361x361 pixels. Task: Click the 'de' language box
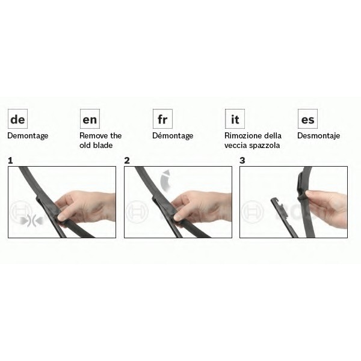click(x=17, y=119)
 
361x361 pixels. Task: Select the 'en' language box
click(x=90, y=119)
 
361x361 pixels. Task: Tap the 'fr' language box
click(x=162, y=119)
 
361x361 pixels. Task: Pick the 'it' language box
click(x=235, y=119)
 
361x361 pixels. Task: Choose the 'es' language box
click(x=307, y=119)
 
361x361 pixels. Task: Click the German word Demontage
click(x=28, y=136)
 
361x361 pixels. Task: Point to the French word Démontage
click(x=173, y=135)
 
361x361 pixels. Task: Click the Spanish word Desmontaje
click(x=319, y=136)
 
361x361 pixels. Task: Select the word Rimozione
click(x=242, y=135)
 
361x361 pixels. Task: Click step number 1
click(x=10, y=161)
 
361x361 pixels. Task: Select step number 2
click(x=127, y=161)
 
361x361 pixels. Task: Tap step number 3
click(x=242, y=161)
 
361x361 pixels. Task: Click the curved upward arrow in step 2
click(x=164, y=180)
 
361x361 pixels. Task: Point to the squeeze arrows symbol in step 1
click(x=31, y=221)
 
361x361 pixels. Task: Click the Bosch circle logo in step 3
click(x=252, y=212)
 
